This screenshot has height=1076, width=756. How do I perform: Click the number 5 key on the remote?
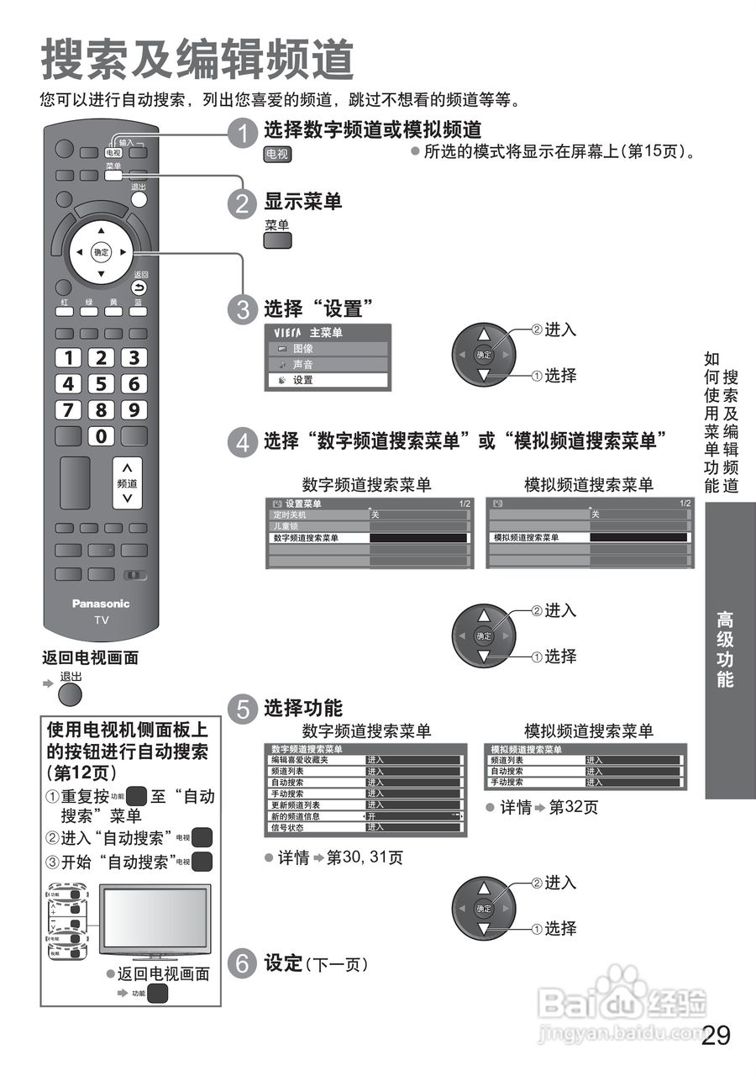click(102, 384)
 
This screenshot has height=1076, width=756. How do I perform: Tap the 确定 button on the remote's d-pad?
click(102, 251)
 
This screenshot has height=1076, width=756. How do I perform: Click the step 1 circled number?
click(243, 133)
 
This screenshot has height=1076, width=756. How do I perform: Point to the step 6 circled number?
click(243, 963)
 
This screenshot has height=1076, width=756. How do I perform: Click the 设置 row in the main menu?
click(327, 380)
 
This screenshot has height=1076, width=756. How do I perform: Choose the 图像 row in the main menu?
click(327, 349)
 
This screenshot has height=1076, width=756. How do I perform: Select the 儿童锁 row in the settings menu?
click(318, 526)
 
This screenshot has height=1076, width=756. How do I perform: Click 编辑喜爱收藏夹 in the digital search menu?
click(314, 760)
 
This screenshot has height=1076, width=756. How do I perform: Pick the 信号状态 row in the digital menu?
click(314, 827)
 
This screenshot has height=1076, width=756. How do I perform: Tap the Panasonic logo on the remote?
click(101, 604)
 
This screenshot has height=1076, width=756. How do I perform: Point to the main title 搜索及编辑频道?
click(197, 61)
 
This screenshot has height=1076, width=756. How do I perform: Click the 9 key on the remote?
click(133, 410)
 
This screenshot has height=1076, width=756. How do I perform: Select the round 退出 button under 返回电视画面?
click(71, 694)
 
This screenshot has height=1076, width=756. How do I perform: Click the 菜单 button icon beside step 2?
click(277, 240)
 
